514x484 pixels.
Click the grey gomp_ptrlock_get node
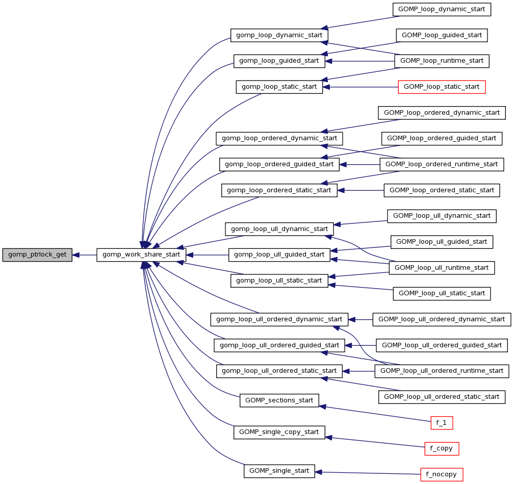coord(37,254)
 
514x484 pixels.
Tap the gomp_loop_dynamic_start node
coord(279,35)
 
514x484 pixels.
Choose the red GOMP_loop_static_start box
coord(442,87)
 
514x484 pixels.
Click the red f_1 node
coord(442,422)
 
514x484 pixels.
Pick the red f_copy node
coord(442,448)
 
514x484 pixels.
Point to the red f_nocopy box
coord(442,474)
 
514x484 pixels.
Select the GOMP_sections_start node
coord(279,400)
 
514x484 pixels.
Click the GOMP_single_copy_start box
coord(279,432)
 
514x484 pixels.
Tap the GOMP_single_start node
coord(279,471)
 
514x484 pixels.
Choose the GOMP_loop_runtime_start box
coord(442,61)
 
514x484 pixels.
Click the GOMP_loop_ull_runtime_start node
coord(442,267)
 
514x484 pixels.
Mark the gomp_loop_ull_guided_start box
coord(279,254)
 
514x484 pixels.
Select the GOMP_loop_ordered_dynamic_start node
coord(442,112)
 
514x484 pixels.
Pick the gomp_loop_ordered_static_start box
coord(279,190)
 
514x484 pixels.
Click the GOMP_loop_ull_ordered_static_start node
coord(442,396)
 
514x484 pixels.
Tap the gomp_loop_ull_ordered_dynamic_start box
coord(279,320)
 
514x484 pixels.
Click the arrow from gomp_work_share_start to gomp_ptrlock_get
coord(85,254)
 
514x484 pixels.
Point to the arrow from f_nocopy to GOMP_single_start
coord(367,472)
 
